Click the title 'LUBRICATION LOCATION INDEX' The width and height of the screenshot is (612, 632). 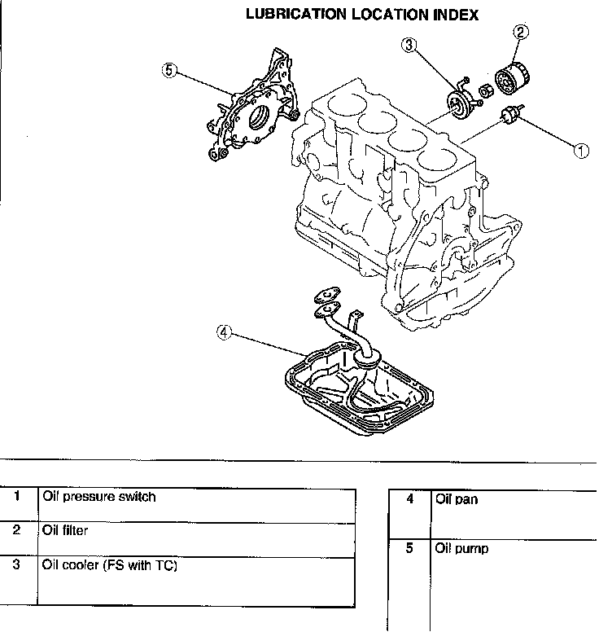(x=361, y=15)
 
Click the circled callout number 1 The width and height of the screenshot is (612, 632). (x=581, y=150)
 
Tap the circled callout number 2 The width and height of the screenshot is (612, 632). (x=522, y=33)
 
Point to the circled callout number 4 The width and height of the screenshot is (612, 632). (x=225, y=331)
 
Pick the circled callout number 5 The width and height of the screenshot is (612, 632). (x=169, y=70)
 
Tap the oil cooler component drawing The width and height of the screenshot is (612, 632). (x=461, y=104)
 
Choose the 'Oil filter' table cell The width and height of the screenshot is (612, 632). (x=64, y=530)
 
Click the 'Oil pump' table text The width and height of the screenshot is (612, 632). (x=461, y=549)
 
